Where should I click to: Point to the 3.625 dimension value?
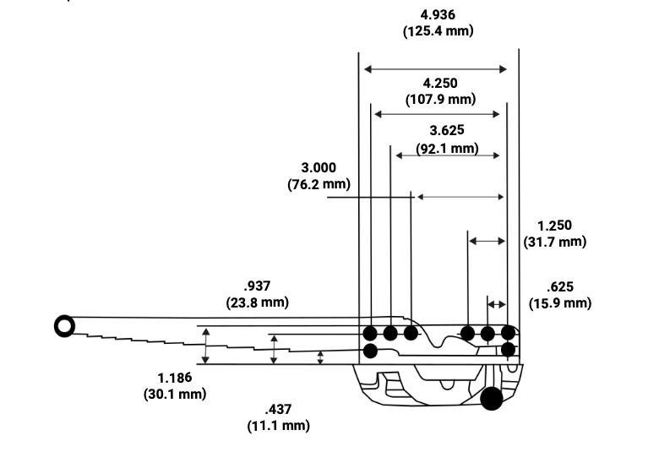(447, 131)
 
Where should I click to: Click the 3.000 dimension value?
(319, 168)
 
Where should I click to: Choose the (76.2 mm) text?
(319, 184)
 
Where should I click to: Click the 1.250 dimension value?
(554, 226)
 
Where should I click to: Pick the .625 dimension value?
(560, 286)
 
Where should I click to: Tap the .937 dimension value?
(257, 286)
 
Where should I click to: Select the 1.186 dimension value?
(175, 377)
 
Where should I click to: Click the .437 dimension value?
(278, 409)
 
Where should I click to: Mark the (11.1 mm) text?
(278, 426)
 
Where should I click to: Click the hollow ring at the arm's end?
(63, 325)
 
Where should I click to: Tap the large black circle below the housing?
(492, 398)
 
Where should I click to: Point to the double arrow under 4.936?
(435, 69)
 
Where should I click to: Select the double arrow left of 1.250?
(487, 241)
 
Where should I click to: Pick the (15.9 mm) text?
(560, 302)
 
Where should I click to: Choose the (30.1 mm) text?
(175, 394)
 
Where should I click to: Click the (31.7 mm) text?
(554, 242)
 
